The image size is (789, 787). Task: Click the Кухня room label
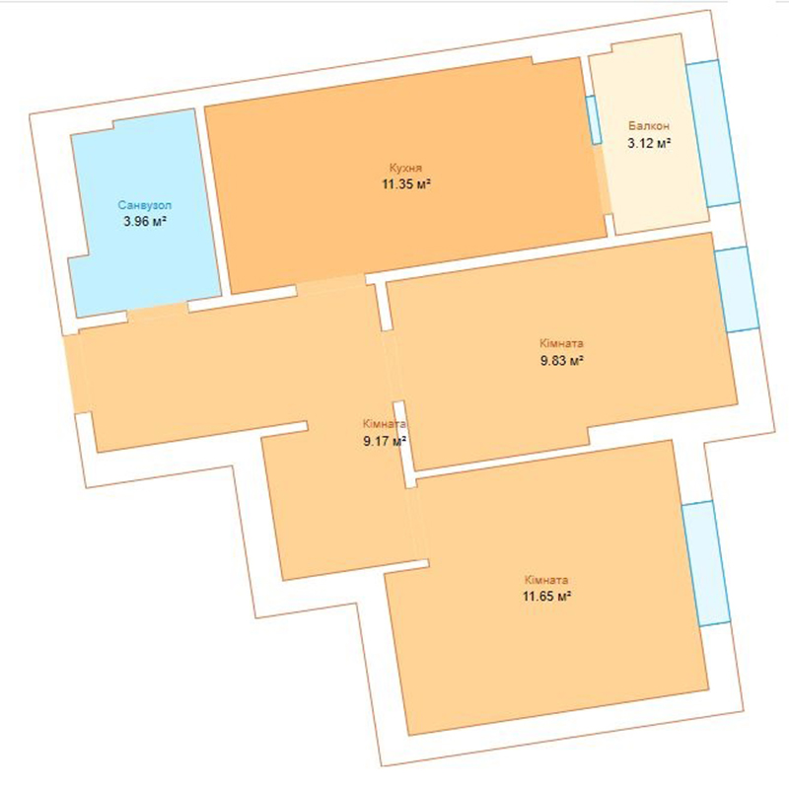(405, 168)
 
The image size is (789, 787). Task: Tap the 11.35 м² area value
(406, 183)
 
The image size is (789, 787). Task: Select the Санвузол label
(145, 205)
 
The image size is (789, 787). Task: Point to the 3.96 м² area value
(145, 221)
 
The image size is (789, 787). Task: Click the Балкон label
(649, 126)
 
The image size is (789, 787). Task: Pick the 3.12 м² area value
(649, 143)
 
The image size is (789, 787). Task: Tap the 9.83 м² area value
(562, 360)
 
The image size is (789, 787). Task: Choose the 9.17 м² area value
(385, 441)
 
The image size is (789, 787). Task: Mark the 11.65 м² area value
(546, 597)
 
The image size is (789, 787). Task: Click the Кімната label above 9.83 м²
(561, 343)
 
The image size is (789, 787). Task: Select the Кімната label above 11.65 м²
(546, 580)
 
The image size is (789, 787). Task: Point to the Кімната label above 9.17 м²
(385, 424)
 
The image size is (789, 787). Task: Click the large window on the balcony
(713, 133)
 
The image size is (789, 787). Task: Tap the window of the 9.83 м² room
(736, 289)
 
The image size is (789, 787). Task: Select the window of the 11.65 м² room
(706, 563)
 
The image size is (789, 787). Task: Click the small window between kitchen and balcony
(594, 119)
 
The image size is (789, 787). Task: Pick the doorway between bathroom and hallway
(158, 313)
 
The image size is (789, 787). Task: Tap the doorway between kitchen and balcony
(604, 180)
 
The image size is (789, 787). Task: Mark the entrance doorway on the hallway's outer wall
(78, 374)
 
